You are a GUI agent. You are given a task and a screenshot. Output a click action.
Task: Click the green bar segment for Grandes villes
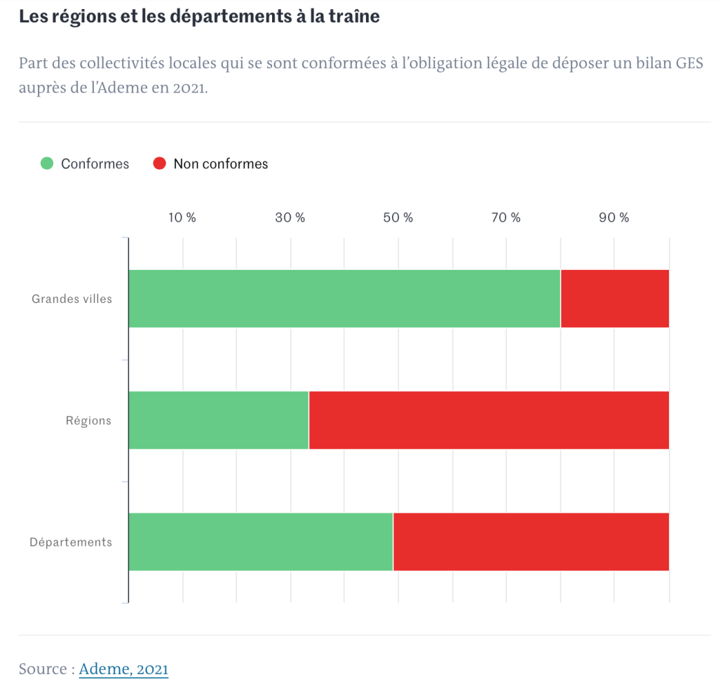coord(344,299)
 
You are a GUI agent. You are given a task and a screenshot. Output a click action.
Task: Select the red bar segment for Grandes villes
coord(615,299)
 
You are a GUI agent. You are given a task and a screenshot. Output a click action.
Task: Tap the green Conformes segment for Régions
coord(219,420)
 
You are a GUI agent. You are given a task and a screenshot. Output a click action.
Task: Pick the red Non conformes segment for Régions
coord(489,420)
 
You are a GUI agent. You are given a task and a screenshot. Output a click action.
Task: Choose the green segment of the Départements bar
coord(261,541)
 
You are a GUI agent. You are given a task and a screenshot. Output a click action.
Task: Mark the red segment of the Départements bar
coord(531,541)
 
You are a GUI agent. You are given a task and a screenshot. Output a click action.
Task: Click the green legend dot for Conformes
coord(47,163)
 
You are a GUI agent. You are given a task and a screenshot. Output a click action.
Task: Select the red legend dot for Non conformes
coord(159,163)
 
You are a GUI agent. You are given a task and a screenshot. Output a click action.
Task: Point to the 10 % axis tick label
coord(182,217)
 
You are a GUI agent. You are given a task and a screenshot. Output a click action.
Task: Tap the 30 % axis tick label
coord(290,217)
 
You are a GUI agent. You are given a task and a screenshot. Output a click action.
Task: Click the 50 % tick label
coord(398,217)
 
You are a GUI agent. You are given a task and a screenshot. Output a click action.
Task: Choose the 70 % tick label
coord(506,217)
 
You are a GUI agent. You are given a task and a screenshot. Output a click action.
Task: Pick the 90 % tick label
coord(614,217)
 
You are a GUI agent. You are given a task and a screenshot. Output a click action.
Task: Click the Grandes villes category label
coord(72,299)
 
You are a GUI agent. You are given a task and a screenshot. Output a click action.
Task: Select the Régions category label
coord(88,421)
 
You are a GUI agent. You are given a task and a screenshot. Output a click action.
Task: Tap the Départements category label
coord(71,542)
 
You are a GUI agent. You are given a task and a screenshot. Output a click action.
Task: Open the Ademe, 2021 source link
coord(123,669)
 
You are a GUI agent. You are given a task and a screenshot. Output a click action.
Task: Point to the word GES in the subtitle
coord(687,63)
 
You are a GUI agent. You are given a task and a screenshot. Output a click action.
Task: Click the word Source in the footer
coord(43,669)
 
